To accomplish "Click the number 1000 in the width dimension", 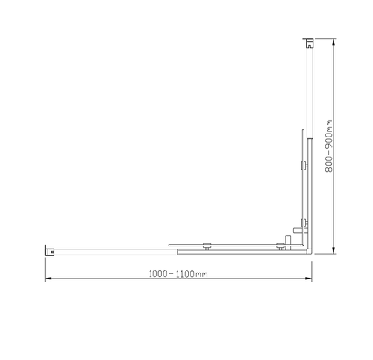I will [x=159, y=274].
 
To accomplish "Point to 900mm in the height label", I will [x=328, y=136].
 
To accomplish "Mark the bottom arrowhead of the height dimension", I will [x=333, y=252].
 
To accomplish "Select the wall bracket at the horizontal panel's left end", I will [x=51, y=249].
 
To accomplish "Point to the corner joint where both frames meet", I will [x=307, y=249].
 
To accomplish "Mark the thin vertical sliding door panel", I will [x=301, y=187].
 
